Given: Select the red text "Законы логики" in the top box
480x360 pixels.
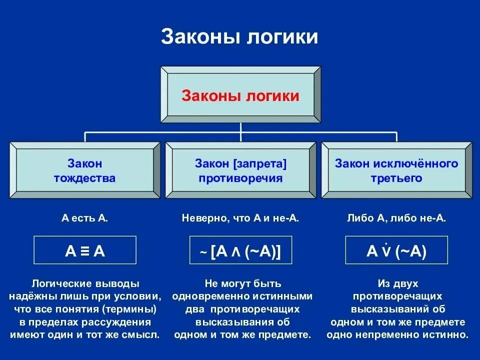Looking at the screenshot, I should pos(240,95).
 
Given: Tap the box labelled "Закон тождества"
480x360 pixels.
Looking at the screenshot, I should pos(84,170).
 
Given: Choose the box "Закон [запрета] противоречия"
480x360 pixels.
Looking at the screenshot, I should pos(240,170).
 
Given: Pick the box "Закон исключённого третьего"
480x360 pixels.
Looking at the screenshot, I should pos(396,170).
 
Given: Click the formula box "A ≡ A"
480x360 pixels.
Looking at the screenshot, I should pos(85,250).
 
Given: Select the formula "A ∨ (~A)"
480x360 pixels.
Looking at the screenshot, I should pos(396,250).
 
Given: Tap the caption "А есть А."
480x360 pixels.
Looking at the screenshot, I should pos(85,218).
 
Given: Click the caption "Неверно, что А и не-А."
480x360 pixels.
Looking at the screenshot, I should pos(240,218).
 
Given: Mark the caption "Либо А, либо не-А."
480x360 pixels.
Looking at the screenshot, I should pos(396,218).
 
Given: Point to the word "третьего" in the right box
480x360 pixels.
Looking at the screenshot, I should pos(396,178).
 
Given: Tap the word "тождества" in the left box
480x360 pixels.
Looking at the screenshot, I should pos(85,178).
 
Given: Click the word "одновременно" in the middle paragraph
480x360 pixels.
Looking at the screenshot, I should pos(202,296).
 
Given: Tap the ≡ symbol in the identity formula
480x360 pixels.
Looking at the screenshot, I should pos(85,251).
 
